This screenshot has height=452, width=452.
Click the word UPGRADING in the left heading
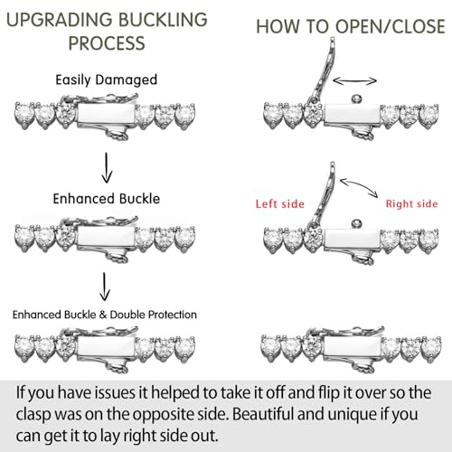pyautogui.click(x=60, y=20)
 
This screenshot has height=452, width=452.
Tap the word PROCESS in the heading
pyautogui.click(x=107, y=43)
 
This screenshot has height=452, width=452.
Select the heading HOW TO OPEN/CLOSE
pyautogui.click(x=351, y=26)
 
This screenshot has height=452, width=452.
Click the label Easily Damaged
pyautogui.click(x=107, y=80)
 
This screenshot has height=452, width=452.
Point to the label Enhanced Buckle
pyautogui.click(x=107, y=199)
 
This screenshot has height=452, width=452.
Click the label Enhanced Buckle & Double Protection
pyautogui.click(x=105, y=315)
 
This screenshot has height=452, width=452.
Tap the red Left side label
pyautogui.click(x=280, y=204)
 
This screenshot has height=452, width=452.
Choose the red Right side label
pyautogui.click(x=411, y=204)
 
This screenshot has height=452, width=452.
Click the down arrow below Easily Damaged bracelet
pyautogui.click(x=107, y=167)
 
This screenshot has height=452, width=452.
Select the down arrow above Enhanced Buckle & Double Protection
pyautogui.click(x=105, y=287)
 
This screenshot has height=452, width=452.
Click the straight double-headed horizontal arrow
pyautogui.click(x=354, y=80)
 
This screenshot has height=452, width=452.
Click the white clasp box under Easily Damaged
pyautogui.click(x=107, y=114)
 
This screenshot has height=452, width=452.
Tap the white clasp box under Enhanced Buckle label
pyautogui.click(x=107, y=236)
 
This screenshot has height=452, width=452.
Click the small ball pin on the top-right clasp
pyautogui.click(x=357, y=99)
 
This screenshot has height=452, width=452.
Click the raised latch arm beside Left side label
pyautogui.click(x=325, y=192)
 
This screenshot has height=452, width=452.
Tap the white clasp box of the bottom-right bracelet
pyautogui.click(x=352, y=345)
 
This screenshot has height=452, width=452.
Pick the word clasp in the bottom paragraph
pyautogui.click(x=33, y=415)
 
